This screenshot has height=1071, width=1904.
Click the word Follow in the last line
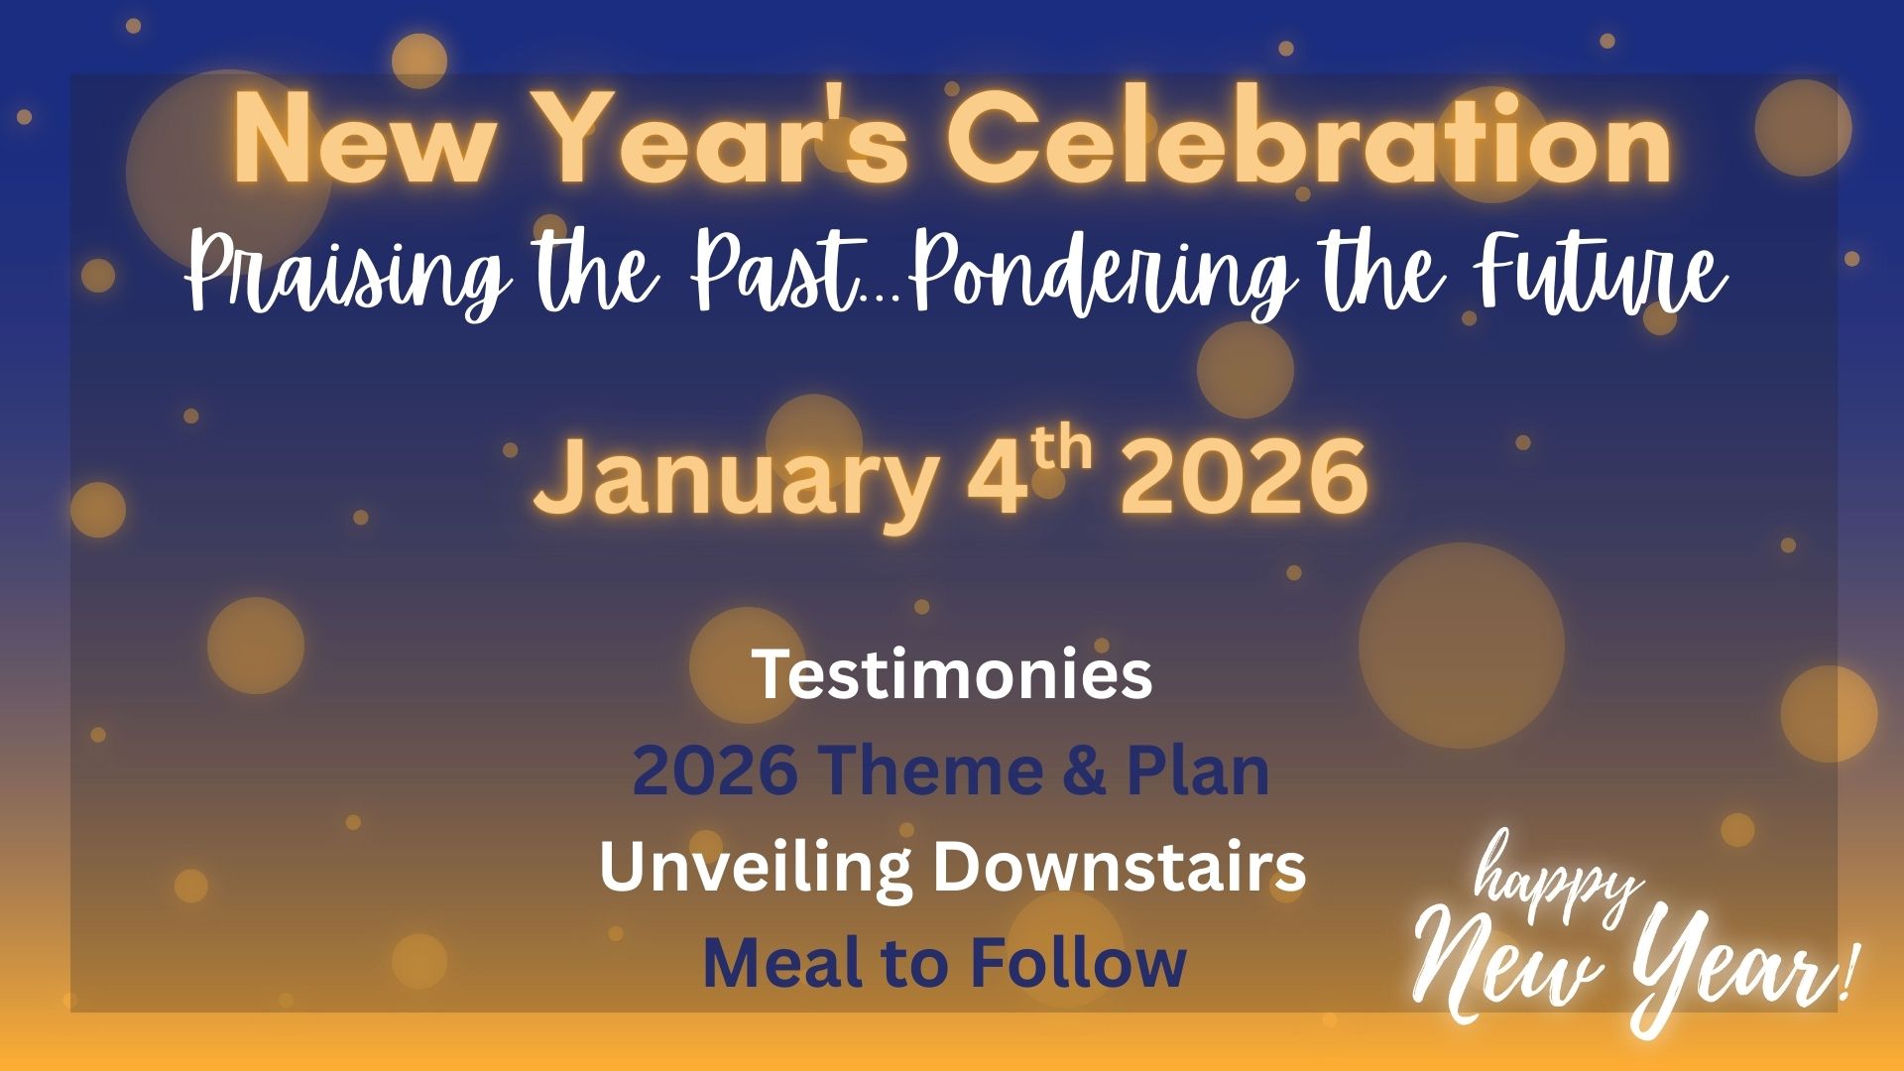[x=1078, y=962]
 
